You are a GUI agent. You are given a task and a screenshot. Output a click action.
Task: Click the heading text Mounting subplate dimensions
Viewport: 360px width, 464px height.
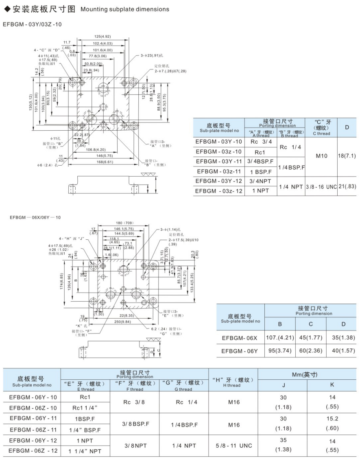pos(125,9)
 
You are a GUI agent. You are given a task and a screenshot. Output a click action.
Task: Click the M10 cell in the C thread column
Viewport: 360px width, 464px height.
pos(321,156)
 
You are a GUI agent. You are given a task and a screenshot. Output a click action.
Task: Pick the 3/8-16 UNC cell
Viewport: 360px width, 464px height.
pos(321,186)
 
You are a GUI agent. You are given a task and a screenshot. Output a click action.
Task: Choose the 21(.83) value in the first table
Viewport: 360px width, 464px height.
pos(347,186)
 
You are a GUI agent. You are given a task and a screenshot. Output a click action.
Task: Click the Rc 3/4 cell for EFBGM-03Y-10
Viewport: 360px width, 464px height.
pos(260,142)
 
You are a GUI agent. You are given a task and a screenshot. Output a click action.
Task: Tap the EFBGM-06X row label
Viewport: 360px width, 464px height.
pos(240,338)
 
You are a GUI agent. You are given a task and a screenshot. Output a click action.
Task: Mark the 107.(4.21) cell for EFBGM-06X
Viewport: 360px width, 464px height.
pos(280,338)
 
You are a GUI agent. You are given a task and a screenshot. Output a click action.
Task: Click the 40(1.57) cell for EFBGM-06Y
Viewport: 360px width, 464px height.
pos(343,351)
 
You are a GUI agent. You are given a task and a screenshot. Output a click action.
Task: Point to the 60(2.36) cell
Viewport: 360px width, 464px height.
pos(311,351)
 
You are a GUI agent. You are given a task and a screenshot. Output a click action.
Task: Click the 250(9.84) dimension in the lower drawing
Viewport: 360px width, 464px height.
pos(123,322)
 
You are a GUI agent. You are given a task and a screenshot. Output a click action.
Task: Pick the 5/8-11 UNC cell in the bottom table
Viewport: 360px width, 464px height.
pos(233,446)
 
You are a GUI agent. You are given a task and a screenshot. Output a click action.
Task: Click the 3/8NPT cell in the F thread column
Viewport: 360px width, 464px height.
pos(135,446)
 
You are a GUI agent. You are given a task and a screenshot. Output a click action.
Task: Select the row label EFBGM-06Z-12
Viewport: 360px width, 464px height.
pos(33,451)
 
